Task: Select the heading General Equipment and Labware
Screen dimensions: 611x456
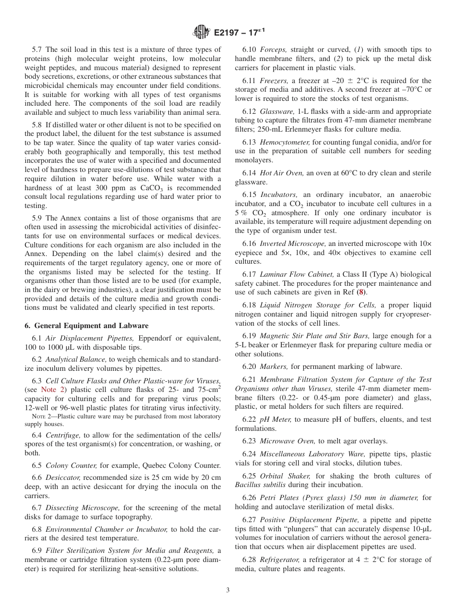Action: (x=86, y=326)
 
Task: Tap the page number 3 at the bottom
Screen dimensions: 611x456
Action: (x=228, y=590)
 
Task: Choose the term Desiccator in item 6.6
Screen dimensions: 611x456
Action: (x=62, y=477)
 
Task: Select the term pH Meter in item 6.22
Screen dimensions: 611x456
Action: (x=275, y=419)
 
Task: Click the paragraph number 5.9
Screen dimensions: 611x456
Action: (x=37, y=218)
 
